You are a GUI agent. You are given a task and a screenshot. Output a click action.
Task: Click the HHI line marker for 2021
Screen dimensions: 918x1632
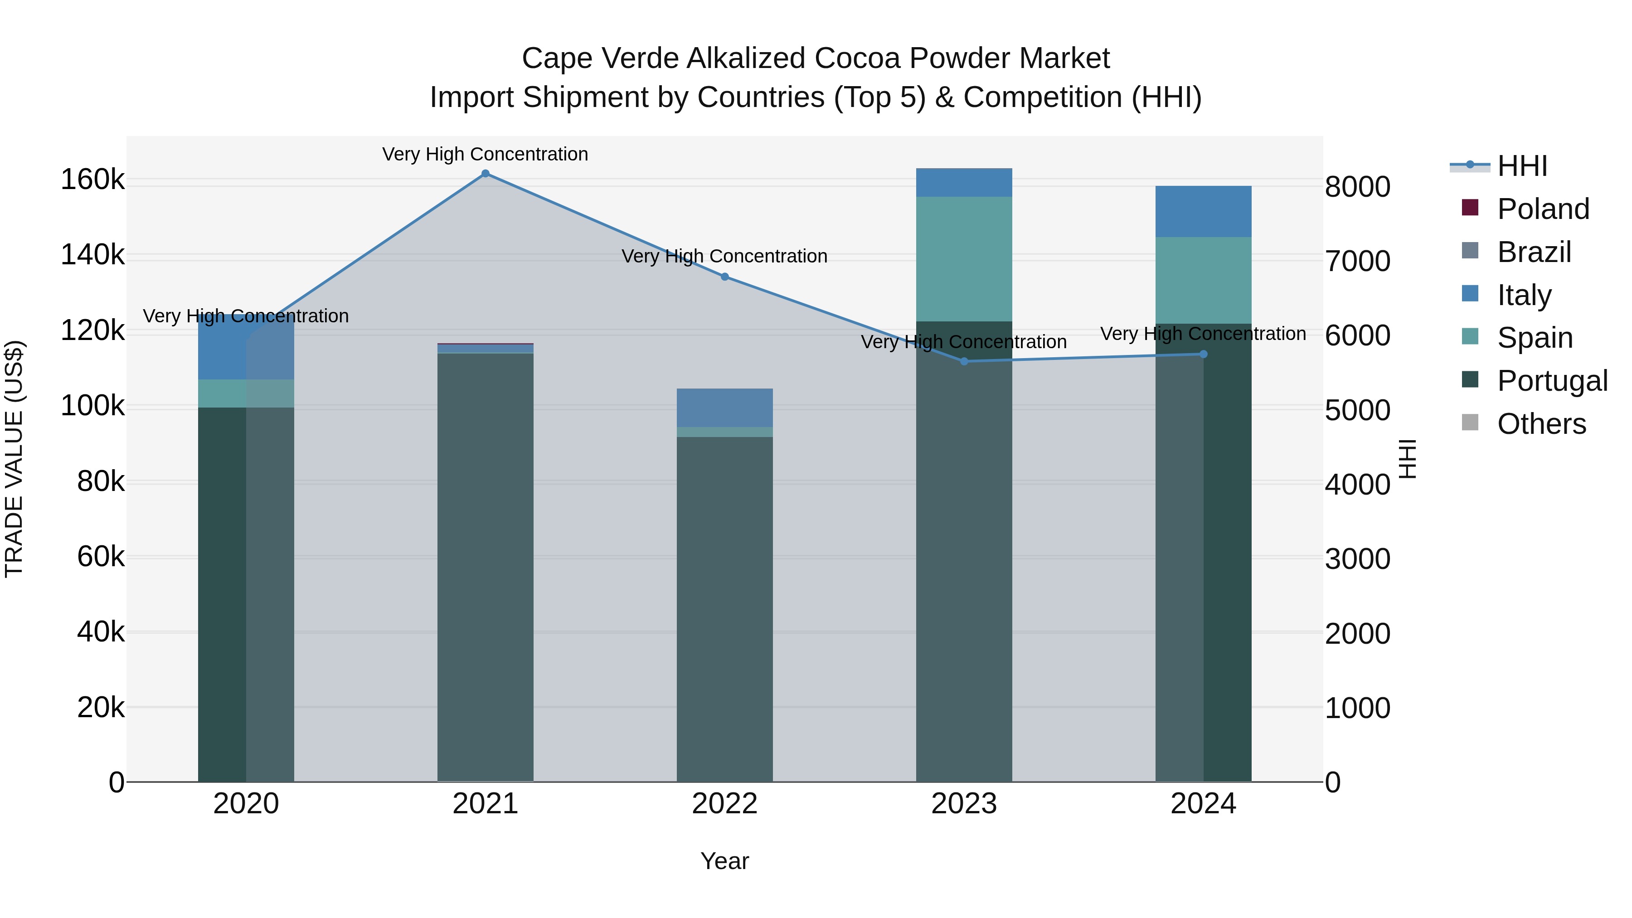[485, 174]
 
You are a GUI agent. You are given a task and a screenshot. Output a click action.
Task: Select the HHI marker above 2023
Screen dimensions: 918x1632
[964, 362]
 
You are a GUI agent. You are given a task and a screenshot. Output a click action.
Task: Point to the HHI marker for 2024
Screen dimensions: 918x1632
[1204, 354]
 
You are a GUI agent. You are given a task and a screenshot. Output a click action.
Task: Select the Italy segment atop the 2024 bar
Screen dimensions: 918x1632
[1204, 212]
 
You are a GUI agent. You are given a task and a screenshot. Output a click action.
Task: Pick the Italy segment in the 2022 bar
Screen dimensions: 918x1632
[725, 408]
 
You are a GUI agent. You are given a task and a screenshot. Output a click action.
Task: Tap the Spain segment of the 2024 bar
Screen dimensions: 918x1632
[1204, 280]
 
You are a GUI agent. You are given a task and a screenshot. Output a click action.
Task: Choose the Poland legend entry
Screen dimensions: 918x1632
[1543, 209]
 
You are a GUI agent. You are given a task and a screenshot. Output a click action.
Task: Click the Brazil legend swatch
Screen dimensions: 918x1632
[1470, 251]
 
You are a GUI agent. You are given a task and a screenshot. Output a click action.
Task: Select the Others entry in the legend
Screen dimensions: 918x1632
[1541, 424]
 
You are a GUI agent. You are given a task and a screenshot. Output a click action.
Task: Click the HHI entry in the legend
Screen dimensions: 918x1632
[1522, 166]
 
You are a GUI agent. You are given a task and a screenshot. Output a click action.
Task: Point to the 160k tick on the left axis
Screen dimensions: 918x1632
[92, 180]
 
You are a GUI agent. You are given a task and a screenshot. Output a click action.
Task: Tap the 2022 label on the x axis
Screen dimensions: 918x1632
[725, 804]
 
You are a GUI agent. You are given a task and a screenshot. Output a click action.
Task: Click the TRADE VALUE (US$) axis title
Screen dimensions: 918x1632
[14, 459]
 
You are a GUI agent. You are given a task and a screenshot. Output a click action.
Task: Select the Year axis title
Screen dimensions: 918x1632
[725, 861]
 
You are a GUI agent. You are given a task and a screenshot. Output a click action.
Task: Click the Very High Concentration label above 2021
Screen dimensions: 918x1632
[485, 154]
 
